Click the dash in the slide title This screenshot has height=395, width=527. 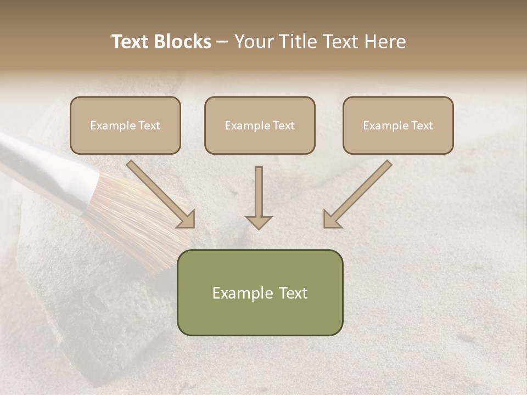(x=222, y=42)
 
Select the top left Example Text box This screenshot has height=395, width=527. (x=125, y=125)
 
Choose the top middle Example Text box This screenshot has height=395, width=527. (x=260, y=125)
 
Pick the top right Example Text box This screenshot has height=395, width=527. (x=398, y=125)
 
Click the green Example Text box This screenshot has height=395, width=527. (x=260, y=292)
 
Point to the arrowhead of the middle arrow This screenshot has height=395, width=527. (x=259, y=222)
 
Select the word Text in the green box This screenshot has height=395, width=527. (x=293, y=293)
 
